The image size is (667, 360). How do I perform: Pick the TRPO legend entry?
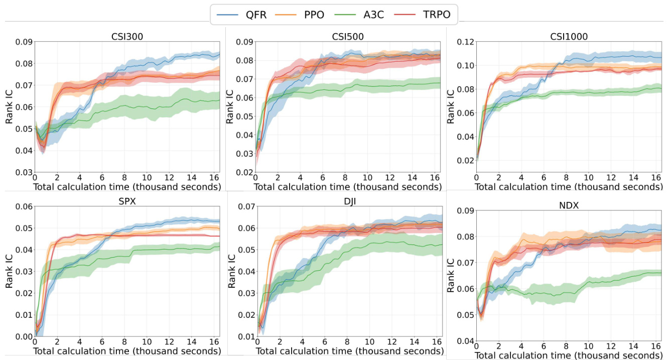[x=431, y=15]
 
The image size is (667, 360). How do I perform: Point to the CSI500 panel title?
[x=347, y=37]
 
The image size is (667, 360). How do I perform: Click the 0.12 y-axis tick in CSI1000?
[x=464, y=42]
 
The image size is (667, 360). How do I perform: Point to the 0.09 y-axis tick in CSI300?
[x=24, y=42]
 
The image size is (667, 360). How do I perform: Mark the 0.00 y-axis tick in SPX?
[x=24, y=336]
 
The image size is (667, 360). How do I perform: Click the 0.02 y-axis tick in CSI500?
[x=244, y=173]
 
